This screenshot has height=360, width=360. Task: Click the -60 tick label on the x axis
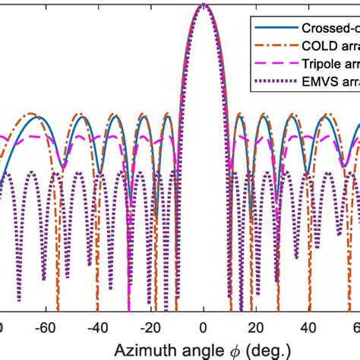coord(46,327)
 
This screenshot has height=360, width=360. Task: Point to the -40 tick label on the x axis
coord(98,327)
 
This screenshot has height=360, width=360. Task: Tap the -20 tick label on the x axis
coord(150,327)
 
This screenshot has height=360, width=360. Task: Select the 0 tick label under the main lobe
coord(204,327)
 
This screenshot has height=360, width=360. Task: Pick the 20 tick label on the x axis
coord(256,327)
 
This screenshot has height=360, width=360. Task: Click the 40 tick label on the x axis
coord(308,327)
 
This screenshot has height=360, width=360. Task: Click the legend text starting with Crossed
coord(326,27)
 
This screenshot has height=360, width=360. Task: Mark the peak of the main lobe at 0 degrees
coord(204,5)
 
